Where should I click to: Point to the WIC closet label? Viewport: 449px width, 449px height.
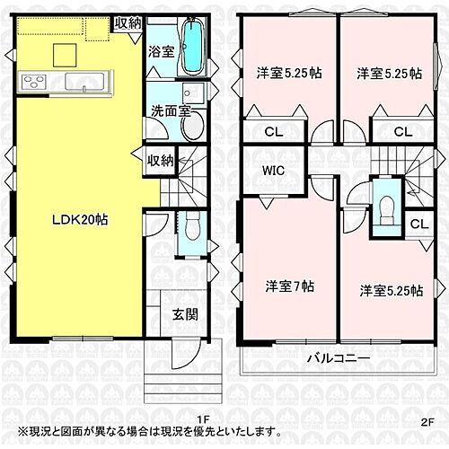coord(275,169)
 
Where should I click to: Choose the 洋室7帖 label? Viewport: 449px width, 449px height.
coord(289,286)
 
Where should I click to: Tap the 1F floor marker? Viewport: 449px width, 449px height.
coord(205,418)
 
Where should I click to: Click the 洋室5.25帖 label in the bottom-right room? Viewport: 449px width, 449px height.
coord(392,291)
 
